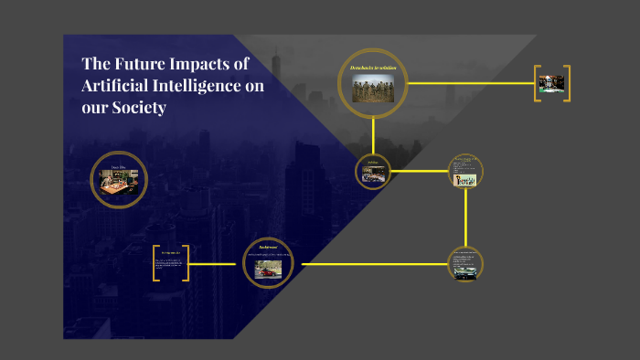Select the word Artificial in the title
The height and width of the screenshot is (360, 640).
(x=113, y=86)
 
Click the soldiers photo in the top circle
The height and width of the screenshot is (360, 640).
(x=372, y=89)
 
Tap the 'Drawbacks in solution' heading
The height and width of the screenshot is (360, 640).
(x=372, y=69)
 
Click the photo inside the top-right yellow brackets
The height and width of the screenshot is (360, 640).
(x=551, y=83)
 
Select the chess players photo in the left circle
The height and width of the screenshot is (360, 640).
(x=120, y=181)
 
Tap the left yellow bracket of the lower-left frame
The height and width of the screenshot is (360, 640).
(x=157, y=263)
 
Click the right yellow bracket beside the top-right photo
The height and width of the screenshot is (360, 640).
(x=567, y=83)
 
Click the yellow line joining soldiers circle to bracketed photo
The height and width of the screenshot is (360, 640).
(x=471, y=83)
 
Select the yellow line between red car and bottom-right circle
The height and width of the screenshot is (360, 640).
(x=375, y=265)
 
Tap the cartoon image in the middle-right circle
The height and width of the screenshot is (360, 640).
(x=466, y=178)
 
